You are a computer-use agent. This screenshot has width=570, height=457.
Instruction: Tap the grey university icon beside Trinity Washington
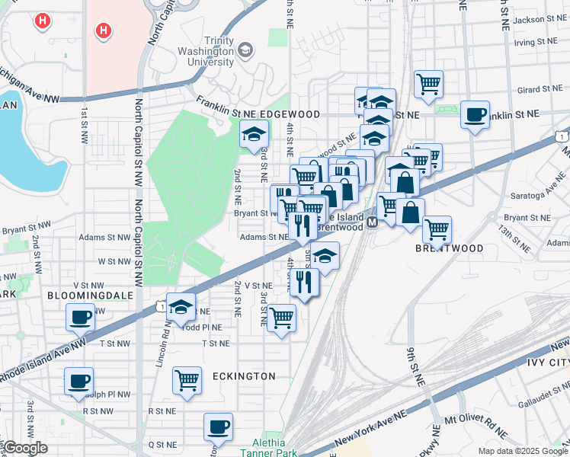tap(245, 51)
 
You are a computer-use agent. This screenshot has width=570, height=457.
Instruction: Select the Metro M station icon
tap(373, 222)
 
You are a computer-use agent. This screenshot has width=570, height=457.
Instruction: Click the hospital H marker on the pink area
tap(103, 31)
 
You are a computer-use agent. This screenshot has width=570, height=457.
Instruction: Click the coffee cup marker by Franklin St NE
tap(476, 115)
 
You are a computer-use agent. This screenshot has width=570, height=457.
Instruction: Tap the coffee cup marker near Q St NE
tap(219, 427)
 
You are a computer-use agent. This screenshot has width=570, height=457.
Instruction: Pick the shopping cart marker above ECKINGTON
tap(187, 379)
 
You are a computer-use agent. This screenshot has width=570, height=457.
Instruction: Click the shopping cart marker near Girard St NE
tap(429, 84)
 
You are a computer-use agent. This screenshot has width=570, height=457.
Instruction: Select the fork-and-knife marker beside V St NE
tap(303, 283)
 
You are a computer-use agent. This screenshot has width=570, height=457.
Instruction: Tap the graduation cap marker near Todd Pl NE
tap(181, 307)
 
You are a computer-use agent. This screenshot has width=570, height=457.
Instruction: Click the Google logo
tap(26, 448)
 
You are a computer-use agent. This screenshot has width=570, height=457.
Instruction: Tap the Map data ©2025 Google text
tap(523, 451)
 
